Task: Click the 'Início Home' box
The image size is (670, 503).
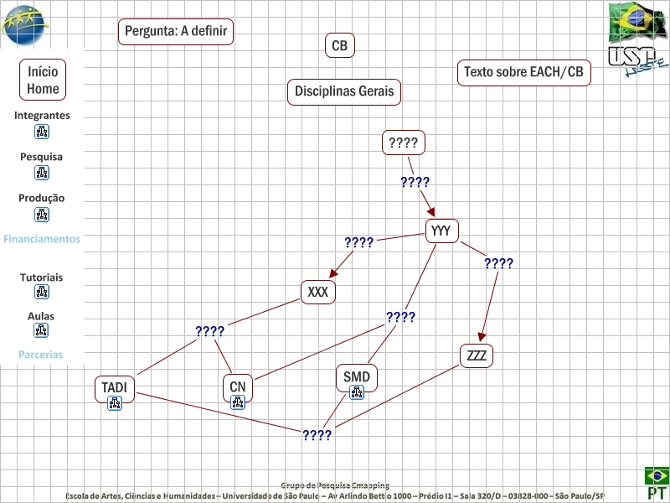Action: [x=43, y=80]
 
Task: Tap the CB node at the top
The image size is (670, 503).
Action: [x=339, y=46]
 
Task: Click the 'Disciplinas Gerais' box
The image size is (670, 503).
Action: [x=343, y=91]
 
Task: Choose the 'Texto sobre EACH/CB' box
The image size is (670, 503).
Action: [x=523, y=72]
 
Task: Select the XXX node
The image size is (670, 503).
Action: [x=318, y=292]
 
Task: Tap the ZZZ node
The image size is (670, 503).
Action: [x=477, y=355]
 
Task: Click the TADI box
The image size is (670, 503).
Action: [x=115, y=387]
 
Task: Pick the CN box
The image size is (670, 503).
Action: [x=238, y=387]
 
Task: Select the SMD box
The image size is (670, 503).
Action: [x=356, y=377]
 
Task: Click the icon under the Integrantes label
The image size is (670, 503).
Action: [x=42, y=132]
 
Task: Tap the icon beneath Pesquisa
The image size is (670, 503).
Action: [x=42, y=173]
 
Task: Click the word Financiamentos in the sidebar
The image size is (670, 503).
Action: [x=42, y=239]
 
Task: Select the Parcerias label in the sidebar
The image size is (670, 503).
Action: [x=41, y=355]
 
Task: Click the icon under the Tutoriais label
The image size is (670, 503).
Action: [x=42, y=292]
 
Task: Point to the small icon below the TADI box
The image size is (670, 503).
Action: [x=115, y=404]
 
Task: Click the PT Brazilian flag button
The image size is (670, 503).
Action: [x=656, y=484]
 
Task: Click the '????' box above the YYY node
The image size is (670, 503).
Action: [x=404, y=143]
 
